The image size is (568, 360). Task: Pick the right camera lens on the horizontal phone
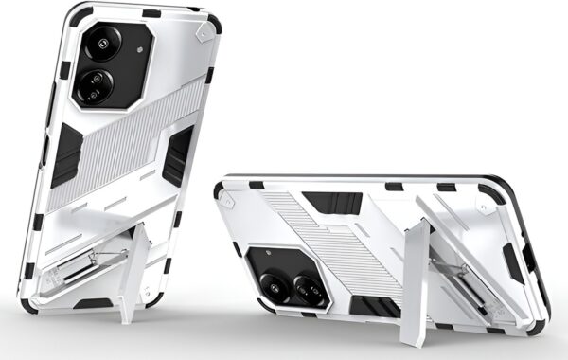[x=312, y=284]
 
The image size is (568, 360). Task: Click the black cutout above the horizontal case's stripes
[x=331, y=203]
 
